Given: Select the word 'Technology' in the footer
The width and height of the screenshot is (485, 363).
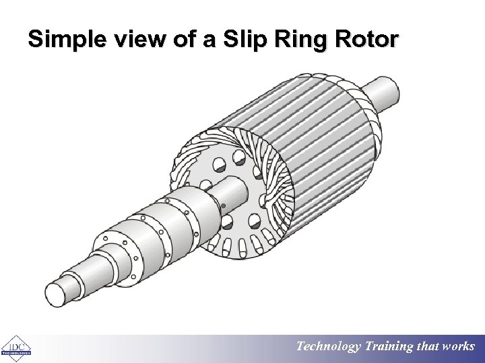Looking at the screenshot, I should coord(329,347).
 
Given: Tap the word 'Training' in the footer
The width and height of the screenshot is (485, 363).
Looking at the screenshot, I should coord(389,347).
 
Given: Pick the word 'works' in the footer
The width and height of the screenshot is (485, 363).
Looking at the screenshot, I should coord(459,347).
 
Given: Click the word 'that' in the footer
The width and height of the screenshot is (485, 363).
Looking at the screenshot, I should coord(428,347).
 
